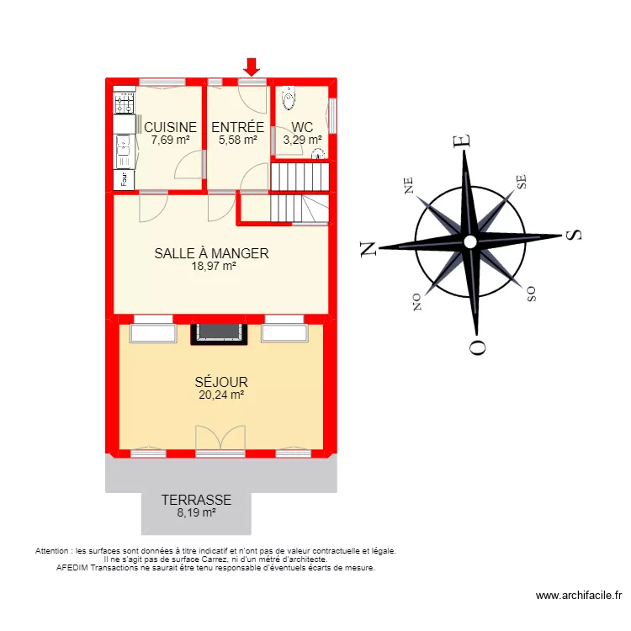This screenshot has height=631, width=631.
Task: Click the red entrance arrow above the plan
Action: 251,66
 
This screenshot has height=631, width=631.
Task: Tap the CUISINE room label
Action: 170,128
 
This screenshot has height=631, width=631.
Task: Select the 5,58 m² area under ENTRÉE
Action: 237,141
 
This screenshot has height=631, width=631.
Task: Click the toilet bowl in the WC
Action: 289,99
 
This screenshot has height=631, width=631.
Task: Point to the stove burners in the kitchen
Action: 125,103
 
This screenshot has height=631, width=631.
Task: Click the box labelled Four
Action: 124,178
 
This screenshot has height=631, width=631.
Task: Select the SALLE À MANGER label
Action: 211,253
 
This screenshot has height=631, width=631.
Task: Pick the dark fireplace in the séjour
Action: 220,334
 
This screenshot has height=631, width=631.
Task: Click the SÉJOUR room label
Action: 221,382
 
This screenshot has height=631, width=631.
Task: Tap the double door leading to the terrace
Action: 218,440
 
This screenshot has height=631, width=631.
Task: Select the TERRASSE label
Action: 196,500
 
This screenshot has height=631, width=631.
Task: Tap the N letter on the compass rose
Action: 368,249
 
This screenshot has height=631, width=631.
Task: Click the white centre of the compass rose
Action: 470,242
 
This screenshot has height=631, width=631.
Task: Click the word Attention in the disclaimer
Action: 53,551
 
